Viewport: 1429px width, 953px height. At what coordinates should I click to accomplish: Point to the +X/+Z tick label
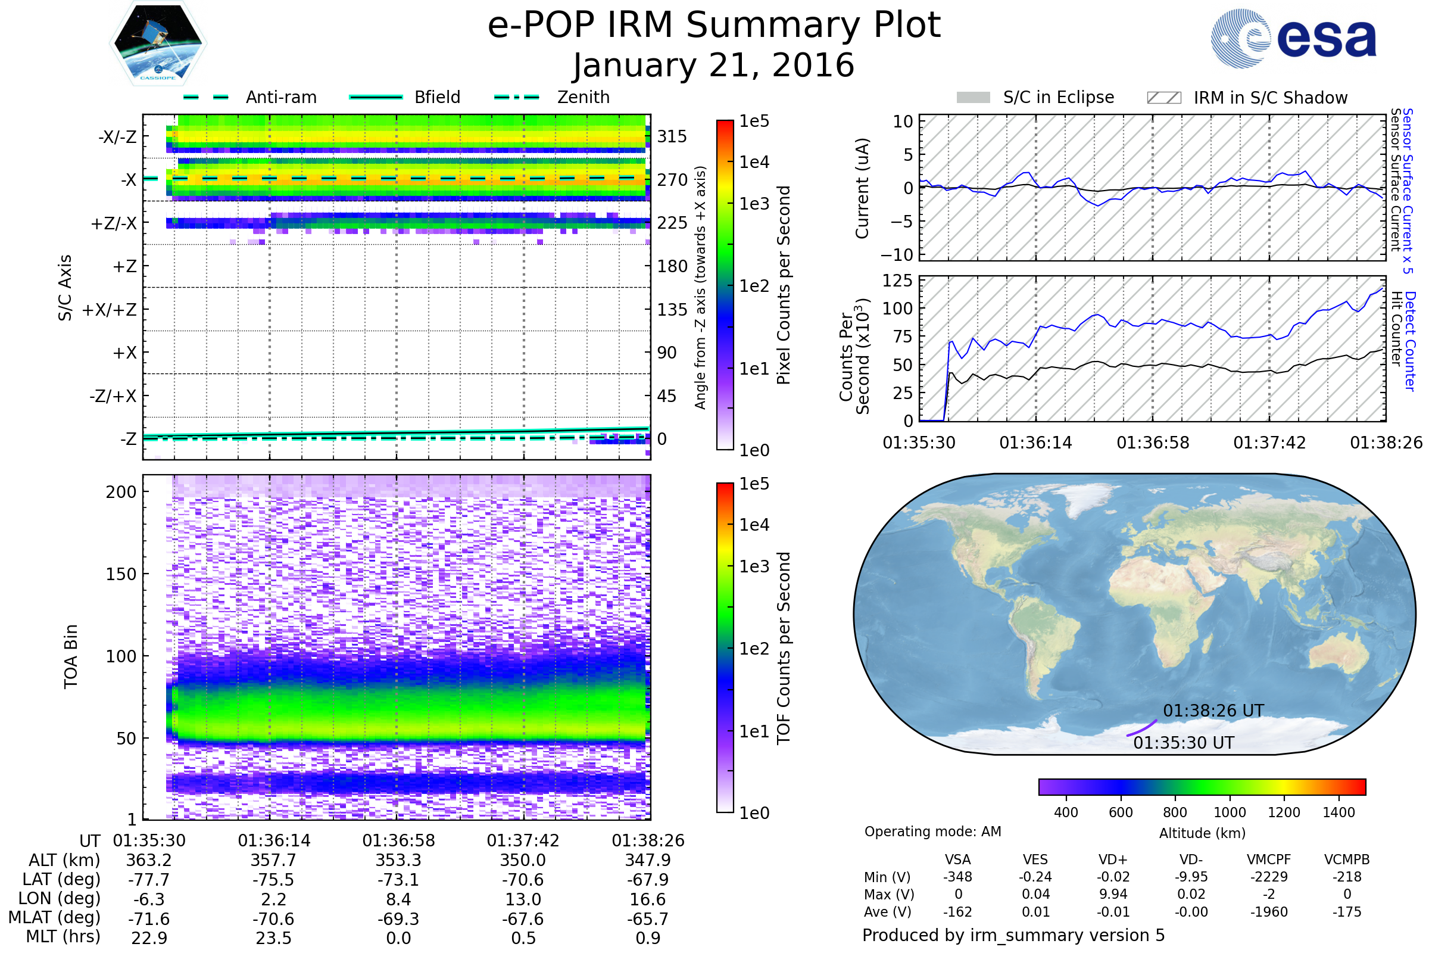pyautogui.click(x=110, y=310)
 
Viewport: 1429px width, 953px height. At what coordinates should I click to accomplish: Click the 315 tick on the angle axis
pyautogui.click(x=672, y=136)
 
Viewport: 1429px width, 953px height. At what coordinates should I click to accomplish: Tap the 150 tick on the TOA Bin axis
pyautogui.click(x=121, y=574)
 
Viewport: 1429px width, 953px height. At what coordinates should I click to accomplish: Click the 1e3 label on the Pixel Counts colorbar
pyautogui.click(x=754, y=204)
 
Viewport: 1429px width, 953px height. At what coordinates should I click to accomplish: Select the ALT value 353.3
pyautogui.click(x=398, y=860)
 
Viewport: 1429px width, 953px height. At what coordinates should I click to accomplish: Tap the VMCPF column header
pyautogui.click(x=1269, y=859)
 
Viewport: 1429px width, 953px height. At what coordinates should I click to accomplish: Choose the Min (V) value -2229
pyautogui.click(x=1269, y=877)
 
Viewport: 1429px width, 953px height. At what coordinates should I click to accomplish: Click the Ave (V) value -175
pyautogui.click(x=1347, y=912)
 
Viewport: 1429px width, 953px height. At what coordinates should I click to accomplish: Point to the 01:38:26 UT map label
pyautogui.click(x=1213, y=711)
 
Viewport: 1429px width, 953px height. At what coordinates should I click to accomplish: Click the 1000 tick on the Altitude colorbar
pyautogui.click(x=1229, y=812)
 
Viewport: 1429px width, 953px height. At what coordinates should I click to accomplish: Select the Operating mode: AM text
pyautogui.click(x=932, y=831)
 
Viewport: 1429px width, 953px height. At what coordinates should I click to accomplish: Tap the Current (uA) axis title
pyautogui.click(x=862, y=188)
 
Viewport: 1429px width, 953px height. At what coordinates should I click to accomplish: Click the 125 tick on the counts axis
pyautogui.click(x=897, y=281)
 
